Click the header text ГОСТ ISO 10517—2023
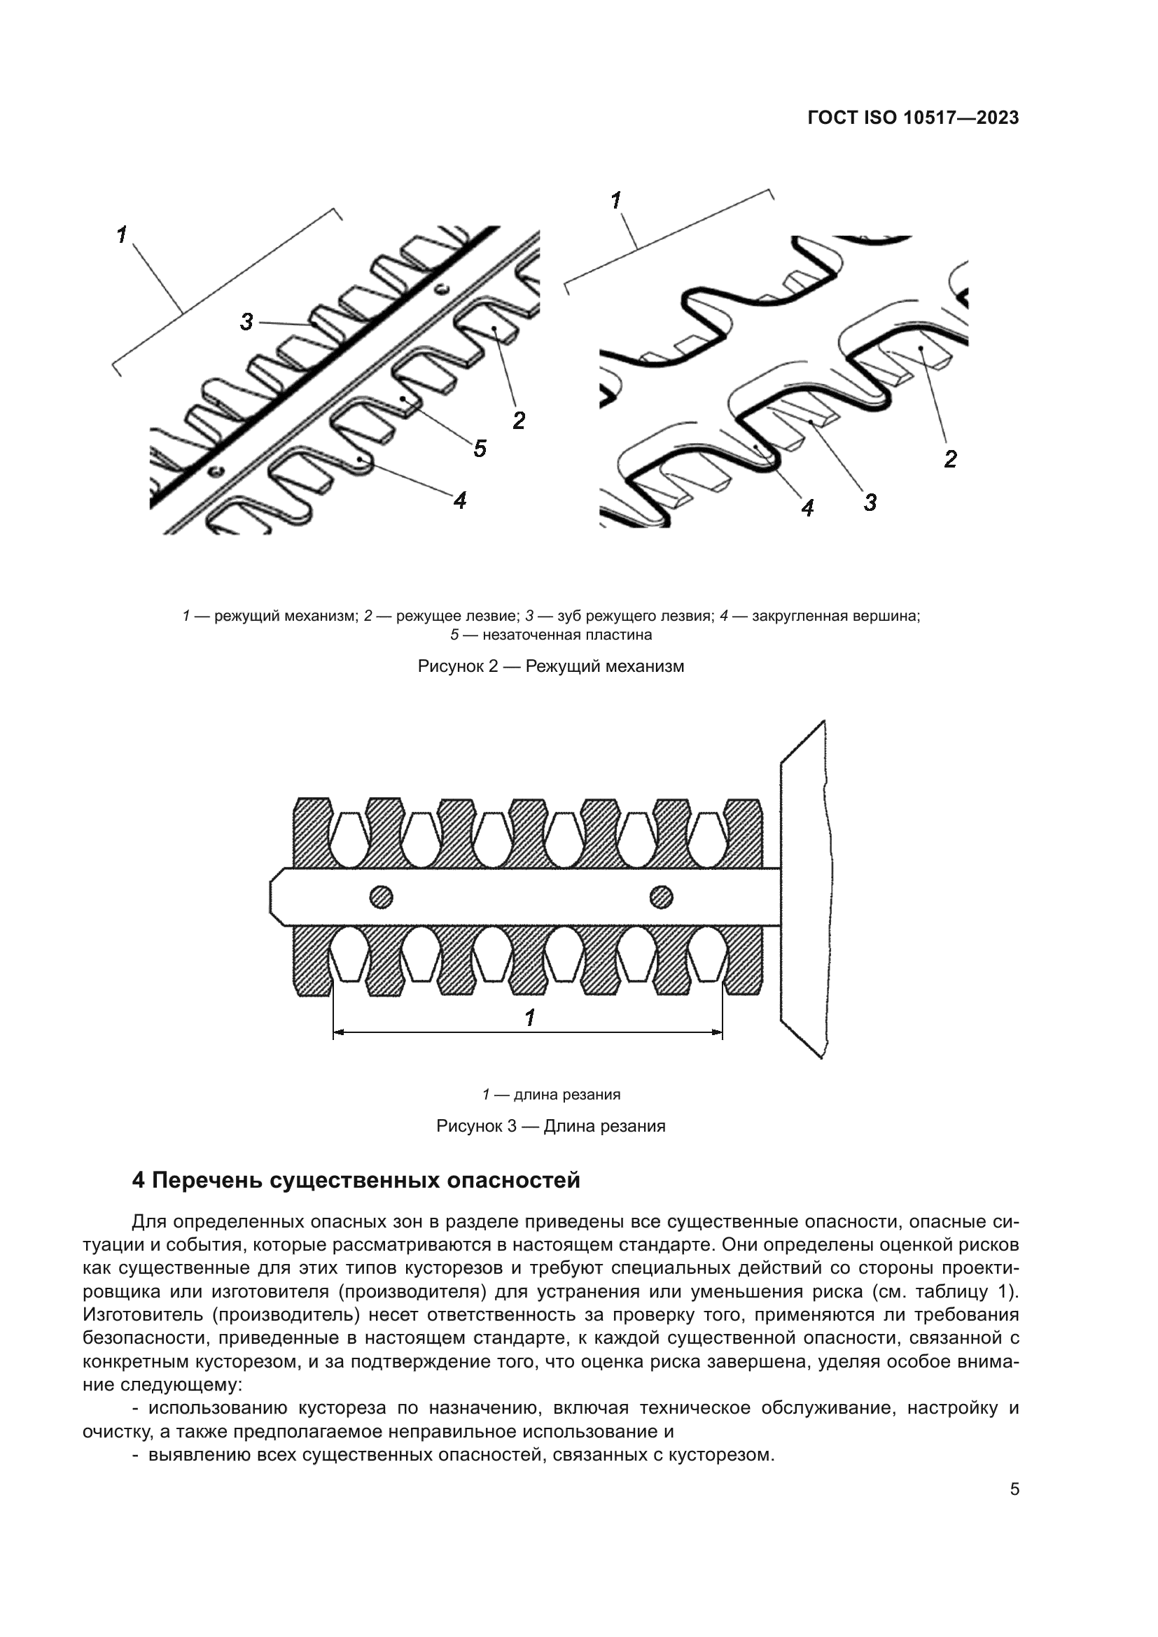point(913,118)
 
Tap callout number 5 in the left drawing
point(480,449)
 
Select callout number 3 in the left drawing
point(246,321)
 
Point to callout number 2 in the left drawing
point(519,420)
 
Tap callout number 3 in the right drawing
point(870,502)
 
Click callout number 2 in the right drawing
point(950,458)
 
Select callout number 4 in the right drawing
point(807,507)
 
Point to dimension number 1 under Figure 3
point(530,1018)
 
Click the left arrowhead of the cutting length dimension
point(338,1032)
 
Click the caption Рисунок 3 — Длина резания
point(550,1126)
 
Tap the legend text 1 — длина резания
point(550,1094)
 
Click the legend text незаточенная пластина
point(567,634)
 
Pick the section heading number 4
point(139,1181)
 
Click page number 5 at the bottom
point(1014,1489)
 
